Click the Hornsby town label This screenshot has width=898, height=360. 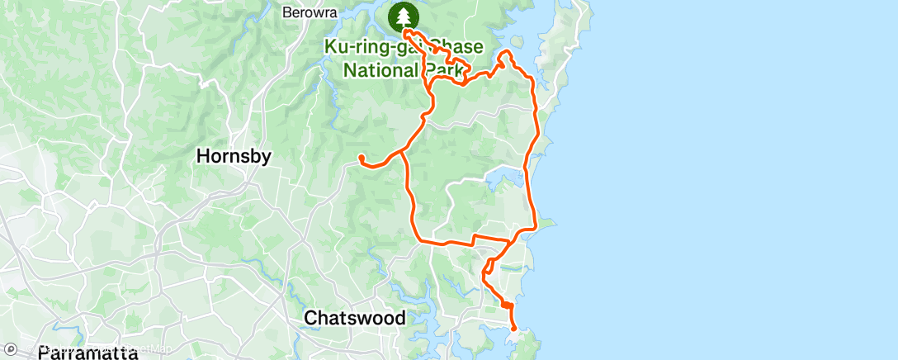pyautogui.click(x=234, y=156)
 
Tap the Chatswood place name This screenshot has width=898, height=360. pyautogui.click(x=355, y=318)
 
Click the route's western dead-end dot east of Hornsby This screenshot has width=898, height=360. pyautogui.click(x=362, y=157)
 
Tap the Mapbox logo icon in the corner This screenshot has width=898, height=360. pyautogui.click(x=11, y=350)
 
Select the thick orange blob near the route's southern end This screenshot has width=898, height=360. pyautogui.click(x=506, y=306)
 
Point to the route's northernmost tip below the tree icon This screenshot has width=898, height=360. pyautogui.click(x=406, y=32)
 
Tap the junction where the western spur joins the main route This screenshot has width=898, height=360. pyautogui.click(x=404, y=151)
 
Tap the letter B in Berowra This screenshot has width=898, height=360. pyautogui.click(x=286, y=12)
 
